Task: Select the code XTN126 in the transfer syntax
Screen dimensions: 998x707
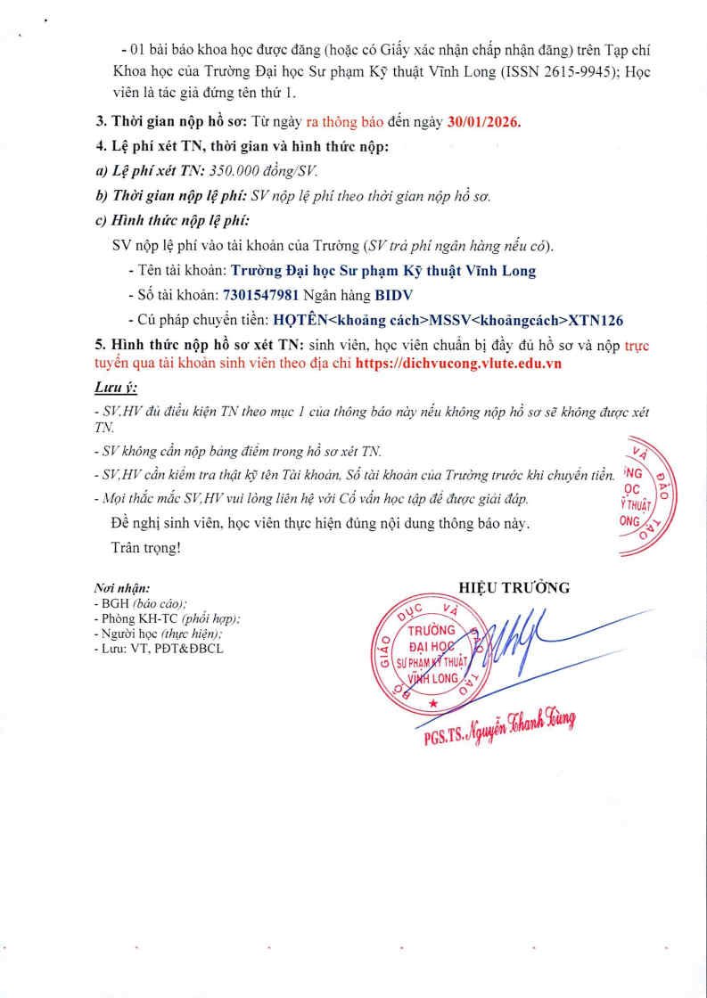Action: tap(595, 319)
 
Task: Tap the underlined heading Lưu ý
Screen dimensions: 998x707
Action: tap(116, 389)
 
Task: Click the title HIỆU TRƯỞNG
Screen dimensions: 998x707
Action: tap(514, 587)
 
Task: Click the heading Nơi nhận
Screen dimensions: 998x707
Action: tap(122, 589)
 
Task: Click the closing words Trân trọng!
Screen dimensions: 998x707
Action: tap(146, 547)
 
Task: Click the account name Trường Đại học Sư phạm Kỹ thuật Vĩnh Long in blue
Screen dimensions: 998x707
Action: tap(383, 270)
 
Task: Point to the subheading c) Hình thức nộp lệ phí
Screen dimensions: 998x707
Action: tap(172, 220)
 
